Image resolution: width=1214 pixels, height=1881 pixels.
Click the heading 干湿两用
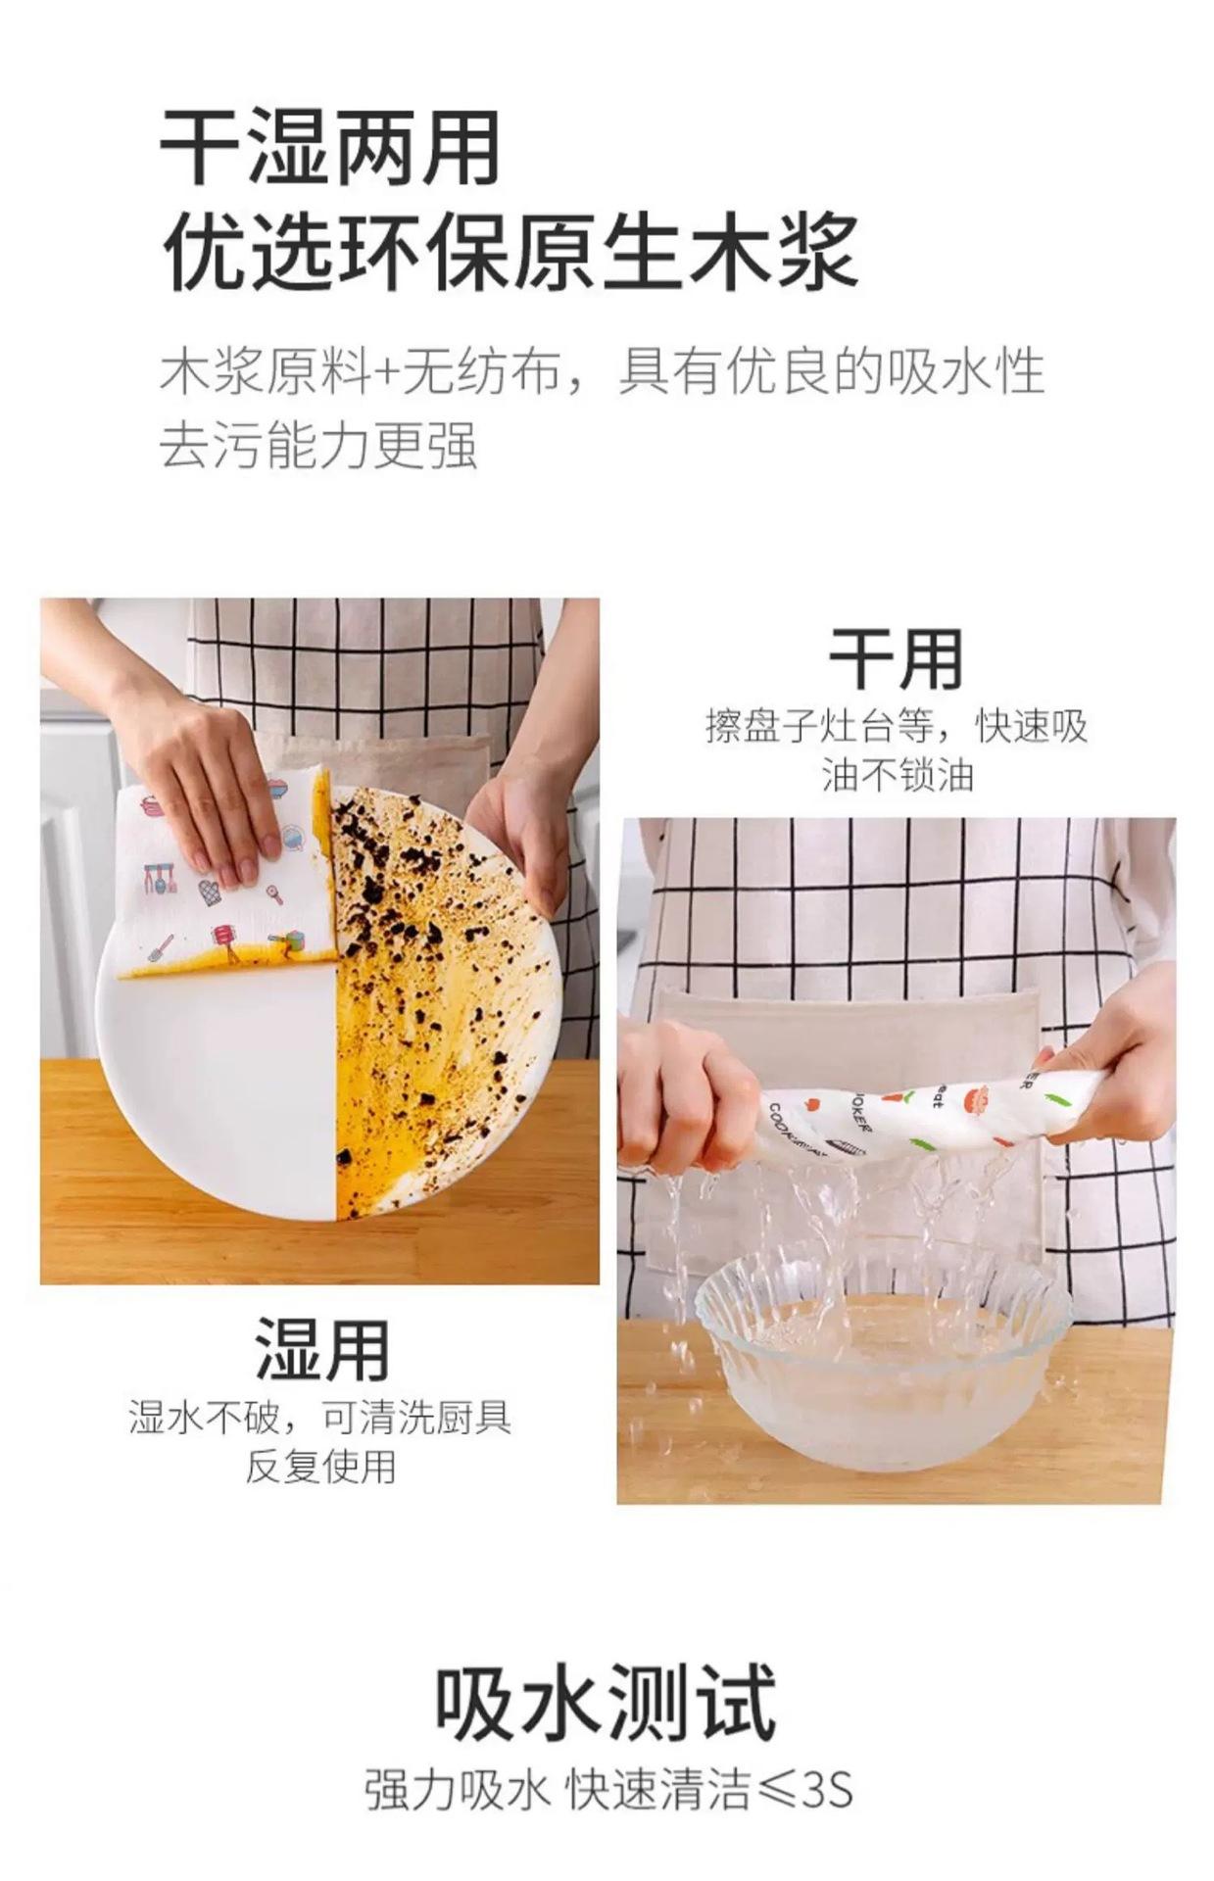[x=330, y=148]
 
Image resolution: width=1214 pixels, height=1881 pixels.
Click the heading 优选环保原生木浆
[x=509, y=252]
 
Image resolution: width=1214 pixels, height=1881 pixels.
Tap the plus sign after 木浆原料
[x=387, y=373]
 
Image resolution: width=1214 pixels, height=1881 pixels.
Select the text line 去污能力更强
[x=318, y=445]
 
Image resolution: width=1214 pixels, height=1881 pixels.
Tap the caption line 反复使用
[x=320, y=1467]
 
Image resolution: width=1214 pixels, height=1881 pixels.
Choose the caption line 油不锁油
[x=898, y=776]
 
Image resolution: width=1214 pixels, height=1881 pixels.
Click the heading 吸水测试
[x=606, y=1704]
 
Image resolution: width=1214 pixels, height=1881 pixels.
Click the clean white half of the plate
[x=220, y=1087]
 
